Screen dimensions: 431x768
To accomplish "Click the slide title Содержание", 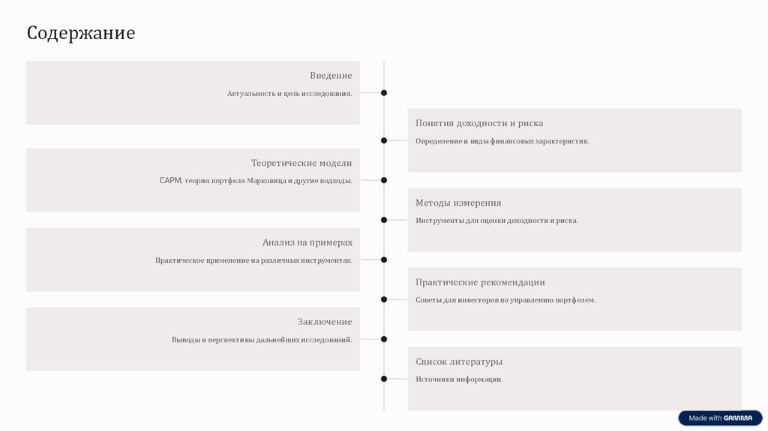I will point(81,33).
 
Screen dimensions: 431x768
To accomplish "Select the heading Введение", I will point(331,76).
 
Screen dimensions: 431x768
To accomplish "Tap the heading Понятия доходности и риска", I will point(479,123).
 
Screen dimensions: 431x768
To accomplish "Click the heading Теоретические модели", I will point(301,163).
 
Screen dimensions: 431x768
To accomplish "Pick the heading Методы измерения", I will point(458,203).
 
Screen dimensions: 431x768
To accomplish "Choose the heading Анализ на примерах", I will point(307,243).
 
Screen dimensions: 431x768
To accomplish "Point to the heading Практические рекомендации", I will point(480,282).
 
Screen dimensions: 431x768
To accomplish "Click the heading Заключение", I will point(325,322).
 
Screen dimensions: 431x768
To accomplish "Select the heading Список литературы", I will point(459,362).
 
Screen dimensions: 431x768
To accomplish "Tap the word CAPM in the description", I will point(169,181).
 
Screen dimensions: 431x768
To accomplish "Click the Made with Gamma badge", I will point(720,418).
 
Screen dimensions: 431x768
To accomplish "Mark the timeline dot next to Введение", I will point(384,93).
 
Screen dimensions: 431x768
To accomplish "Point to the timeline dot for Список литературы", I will point(384,378).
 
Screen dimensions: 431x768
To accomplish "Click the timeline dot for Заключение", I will point(384,339).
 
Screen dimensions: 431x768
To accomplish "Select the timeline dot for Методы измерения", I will point(384,220).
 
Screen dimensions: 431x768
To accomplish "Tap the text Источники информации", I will point(459,380).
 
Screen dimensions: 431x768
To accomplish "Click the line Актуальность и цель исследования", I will point(289,94).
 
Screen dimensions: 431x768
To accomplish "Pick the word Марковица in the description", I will point(265,181).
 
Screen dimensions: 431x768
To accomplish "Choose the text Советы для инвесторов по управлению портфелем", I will point(505,300).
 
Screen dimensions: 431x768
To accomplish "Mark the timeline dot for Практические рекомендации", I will point(384,299).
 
